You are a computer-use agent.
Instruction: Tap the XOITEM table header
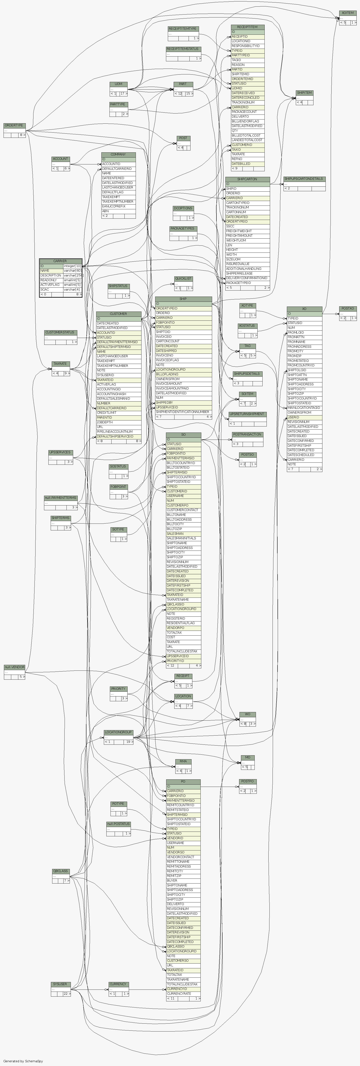(348, 13)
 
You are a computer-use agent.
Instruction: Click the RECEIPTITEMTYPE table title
(183, 28)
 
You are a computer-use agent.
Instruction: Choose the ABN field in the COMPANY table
(106, 211)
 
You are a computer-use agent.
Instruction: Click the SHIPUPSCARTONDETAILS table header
(304, 179)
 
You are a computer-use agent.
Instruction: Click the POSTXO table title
(348, 309)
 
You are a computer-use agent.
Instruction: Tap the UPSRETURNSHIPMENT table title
(247, 414)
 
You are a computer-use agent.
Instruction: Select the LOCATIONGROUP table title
(118, 732)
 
